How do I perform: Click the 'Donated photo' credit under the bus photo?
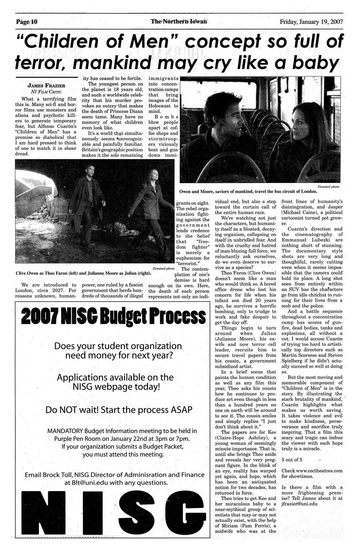tap(329, 186)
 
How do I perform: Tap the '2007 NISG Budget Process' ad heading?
tap(113, 317)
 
